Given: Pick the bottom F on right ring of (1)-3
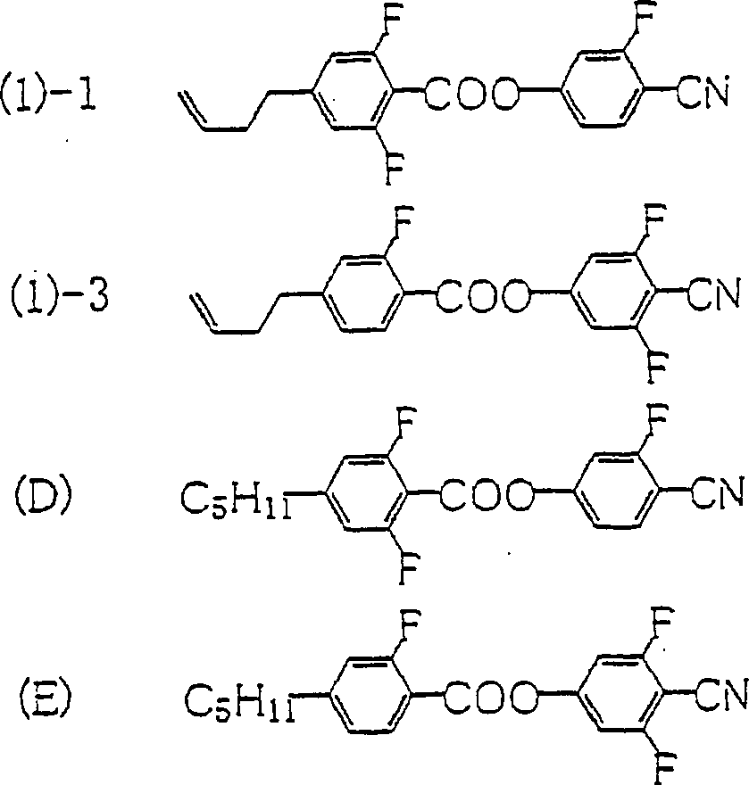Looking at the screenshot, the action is [658, 365].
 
